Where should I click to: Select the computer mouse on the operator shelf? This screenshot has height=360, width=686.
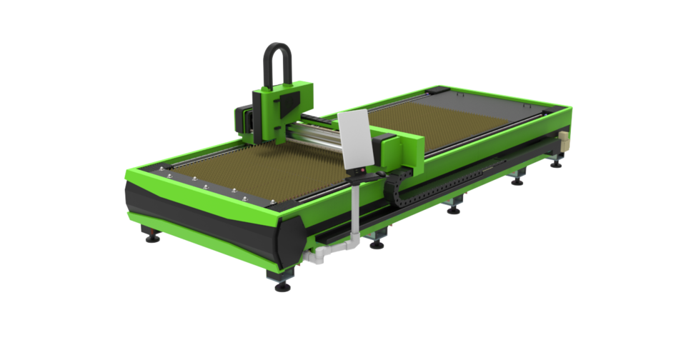(x=381, y=173)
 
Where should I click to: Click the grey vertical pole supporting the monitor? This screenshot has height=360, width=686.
(x=354, y=207)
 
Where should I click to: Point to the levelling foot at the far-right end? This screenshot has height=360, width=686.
(x=556, y=163)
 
